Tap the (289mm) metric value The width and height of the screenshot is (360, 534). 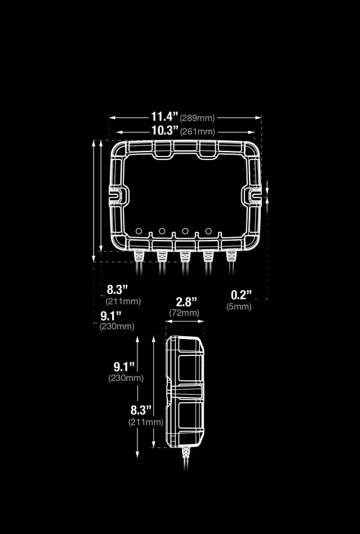pos(197,118)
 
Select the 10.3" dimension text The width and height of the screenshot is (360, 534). pos(165,131)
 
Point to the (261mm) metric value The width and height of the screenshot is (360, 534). pos(197,132)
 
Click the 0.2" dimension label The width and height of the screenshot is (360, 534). pos(241,295)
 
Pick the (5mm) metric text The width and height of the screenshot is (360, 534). pos(239,307)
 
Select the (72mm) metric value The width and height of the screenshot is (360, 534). pos(184,313)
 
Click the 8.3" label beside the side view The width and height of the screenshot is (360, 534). pos(141,410)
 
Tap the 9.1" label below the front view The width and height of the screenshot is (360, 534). pos(112,315)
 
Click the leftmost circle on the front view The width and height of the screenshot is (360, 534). pos(139,231)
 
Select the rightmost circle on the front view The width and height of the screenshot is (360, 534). pos(208,231)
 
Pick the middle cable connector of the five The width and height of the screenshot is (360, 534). pos(185,256)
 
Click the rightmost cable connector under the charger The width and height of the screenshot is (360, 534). pos(230,256)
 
